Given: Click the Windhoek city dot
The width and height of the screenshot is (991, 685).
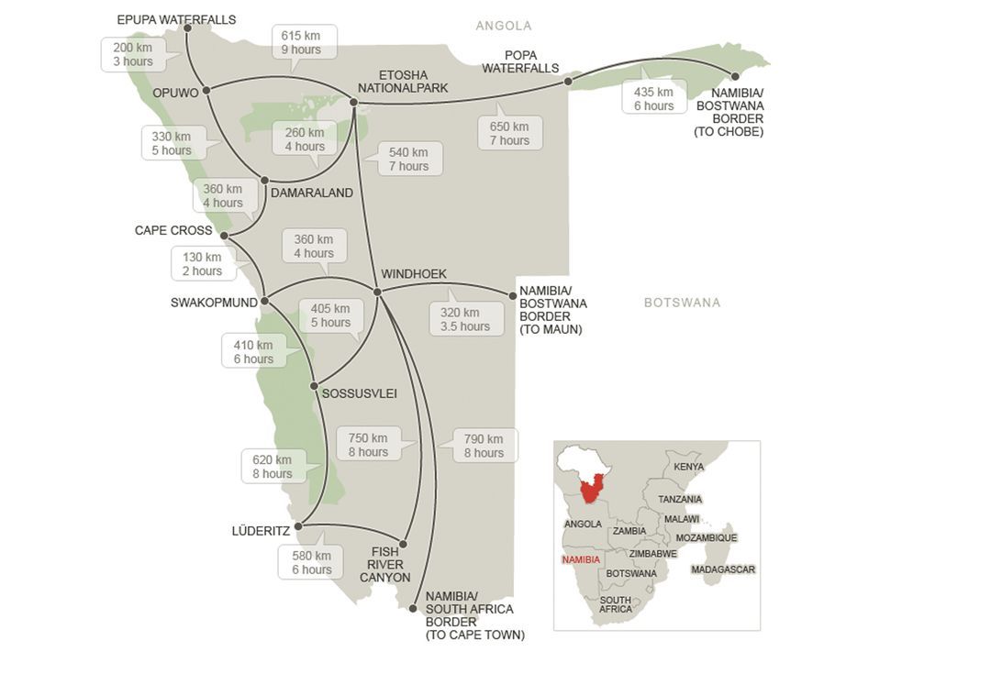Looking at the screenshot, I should [377, 292].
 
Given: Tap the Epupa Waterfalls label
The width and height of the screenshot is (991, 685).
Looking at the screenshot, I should [176, 19].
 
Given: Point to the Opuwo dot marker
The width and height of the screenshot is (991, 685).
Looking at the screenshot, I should [206, 90].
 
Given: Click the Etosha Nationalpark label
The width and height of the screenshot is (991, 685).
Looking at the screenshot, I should [403, 82].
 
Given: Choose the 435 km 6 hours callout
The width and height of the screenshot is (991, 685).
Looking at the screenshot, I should [653, 99].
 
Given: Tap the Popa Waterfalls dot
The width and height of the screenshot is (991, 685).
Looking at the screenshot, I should [568, 82].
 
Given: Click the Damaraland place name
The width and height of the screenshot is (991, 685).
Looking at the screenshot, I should [312, 193].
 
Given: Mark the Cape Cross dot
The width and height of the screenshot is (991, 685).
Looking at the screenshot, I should [224, 236].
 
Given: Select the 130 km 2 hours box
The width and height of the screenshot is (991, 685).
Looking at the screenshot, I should [202, 264].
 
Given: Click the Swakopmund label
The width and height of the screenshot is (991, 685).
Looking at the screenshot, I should [214, 303].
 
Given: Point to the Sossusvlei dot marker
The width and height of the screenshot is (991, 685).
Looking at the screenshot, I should [314, 386].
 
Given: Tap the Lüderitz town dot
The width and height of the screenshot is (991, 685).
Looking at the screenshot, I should [298, 526].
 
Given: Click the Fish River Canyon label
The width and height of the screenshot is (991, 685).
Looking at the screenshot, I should [384, 565].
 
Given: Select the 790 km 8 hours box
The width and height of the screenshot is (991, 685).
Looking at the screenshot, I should [484, 446].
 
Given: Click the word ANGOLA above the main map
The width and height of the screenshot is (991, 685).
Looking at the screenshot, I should [503, 26].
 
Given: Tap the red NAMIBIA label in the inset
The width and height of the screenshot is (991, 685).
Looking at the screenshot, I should [581, 559].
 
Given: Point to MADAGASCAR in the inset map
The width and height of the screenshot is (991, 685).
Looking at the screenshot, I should [723, 569].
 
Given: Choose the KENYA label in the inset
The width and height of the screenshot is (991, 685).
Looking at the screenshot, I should [689, 467].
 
